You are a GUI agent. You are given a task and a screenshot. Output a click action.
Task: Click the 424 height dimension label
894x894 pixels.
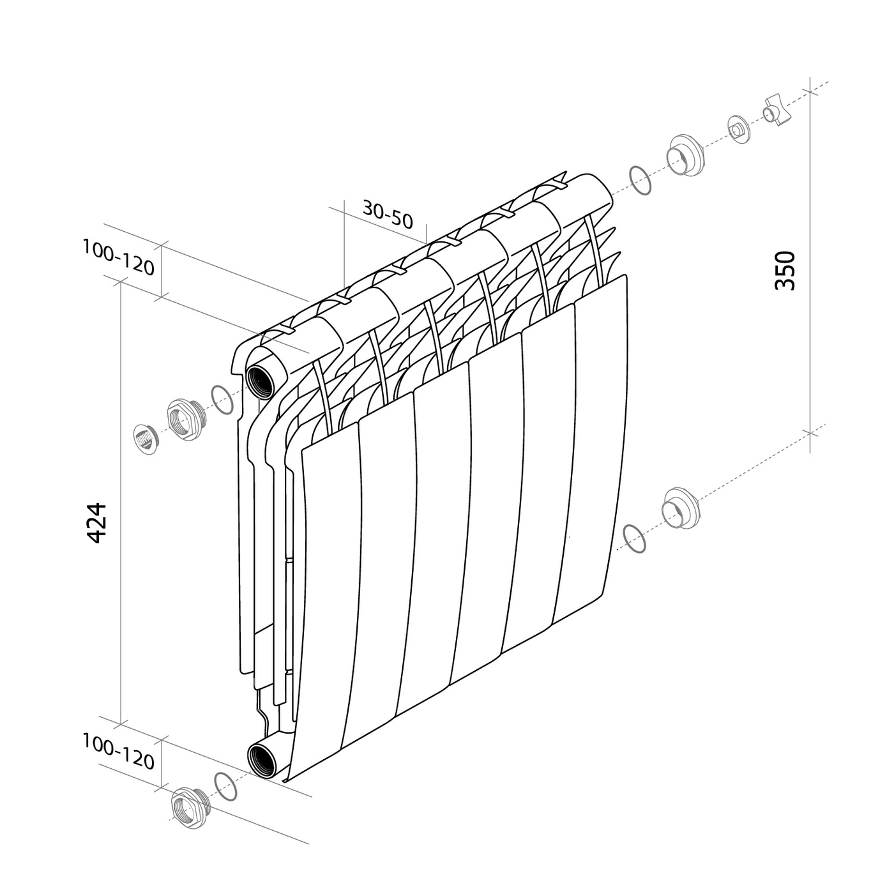pyautogui.click(x=98, y=522)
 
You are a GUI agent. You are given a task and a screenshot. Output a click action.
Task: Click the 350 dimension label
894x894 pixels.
pyautogui.click(x=785, y=271)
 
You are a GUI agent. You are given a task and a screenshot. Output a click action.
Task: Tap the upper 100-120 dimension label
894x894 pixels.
pyautogui.click(x=118, y=257)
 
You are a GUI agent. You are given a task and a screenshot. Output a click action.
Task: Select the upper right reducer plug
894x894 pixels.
pyautogui.click(x=685, y=156)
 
